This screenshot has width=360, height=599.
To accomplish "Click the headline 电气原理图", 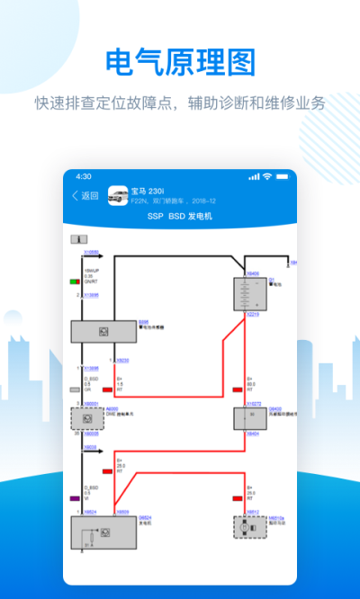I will [180, 62].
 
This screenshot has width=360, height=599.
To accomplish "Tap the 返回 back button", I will [85, 195].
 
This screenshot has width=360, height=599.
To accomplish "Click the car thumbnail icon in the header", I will [117, 195].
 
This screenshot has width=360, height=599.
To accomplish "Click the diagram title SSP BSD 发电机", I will [179, 217].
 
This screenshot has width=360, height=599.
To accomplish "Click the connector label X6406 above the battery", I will [253, 273].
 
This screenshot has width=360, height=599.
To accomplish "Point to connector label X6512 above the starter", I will [253, 512].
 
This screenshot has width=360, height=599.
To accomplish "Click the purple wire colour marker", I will [75, 497].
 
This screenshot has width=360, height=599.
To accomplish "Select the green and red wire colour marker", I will [75, 282].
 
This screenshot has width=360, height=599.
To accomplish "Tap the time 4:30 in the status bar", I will [84, 176].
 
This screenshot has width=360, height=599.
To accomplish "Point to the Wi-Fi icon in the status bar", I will [267, 176].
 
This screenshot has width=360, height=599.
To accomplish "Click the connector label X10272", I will [254, 404].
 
